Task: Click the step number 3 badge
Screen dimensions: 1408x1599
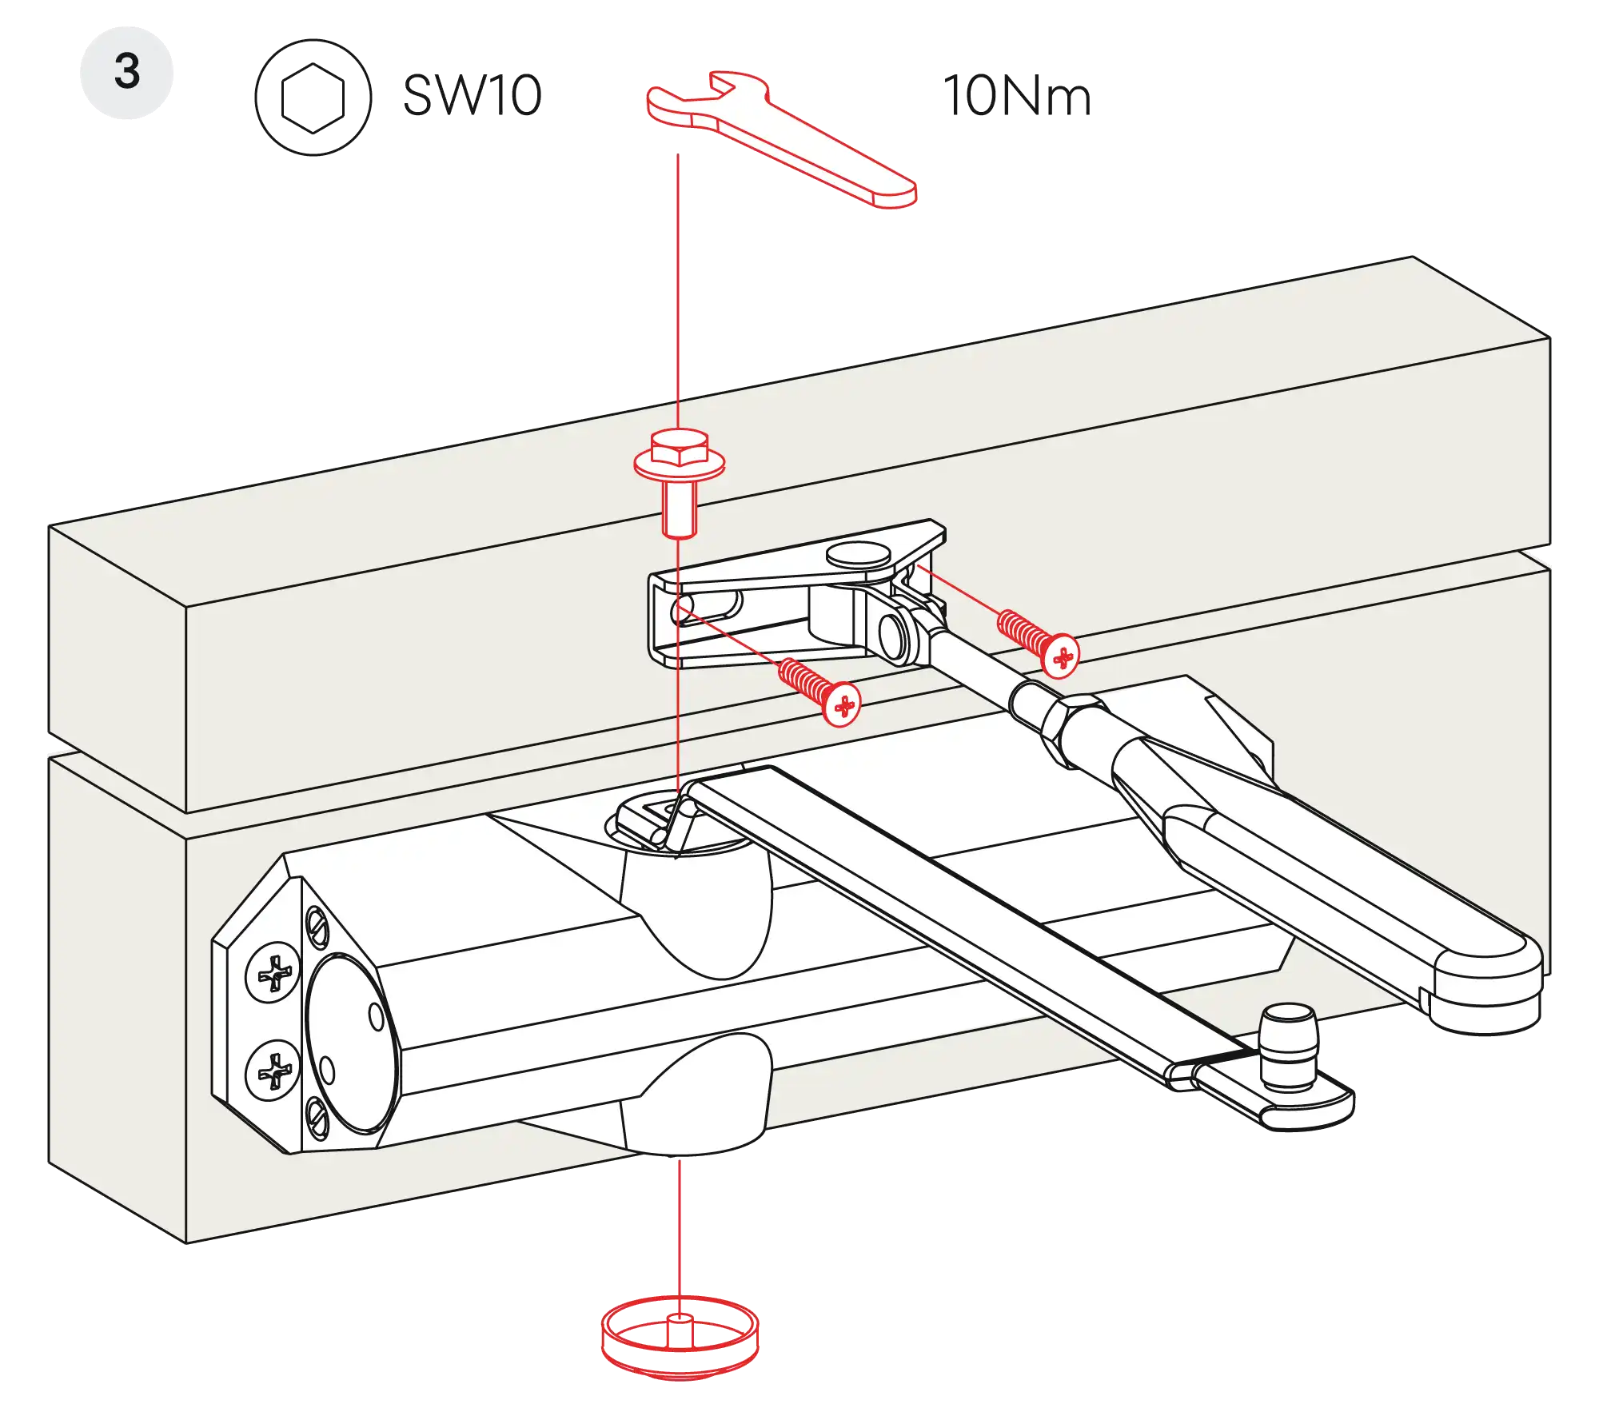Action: (x=126, y=72)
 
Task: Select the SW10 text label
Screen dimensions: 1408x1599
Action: (x=473, y=94)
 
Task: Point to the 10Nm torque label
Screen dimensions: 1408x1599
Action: (x=1015, y=95)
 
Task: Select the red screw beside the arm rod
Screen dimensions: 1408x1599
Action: (x=1039, y=640)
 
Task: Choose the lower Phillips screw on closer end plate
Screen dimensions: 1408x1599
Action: (x=273, y=1070)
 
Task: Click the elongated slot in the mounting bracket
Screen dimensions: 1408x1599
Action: (x=707, y=608)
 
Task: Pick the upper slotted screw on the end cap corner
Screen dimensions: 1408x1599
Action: (x=317, y=927)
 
